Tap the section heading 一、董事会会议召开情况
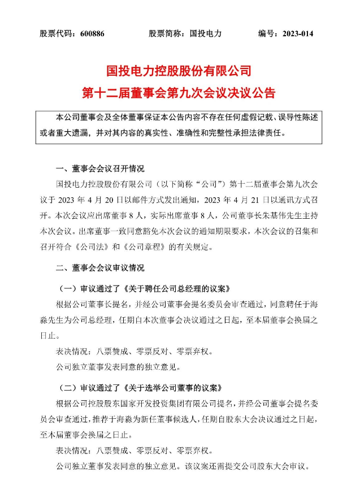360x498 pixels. [x=100, y=169]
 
